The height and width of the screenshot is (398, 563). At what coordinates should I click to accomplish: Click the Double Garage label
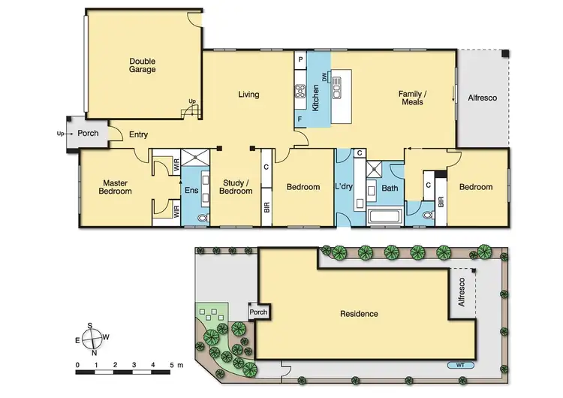click(142, 65)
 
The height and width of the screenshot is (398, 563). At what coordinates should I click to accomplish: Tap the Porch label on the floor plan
click(88, 134)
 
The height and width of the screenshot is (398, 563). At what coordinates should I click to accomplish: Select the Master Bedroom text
click(116, 187)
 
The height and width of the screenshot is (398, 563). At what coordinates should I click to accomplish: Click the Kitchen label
click(316, 98)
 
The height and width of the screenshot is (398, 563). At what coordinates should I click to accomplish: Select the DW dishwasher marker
click(325, 77)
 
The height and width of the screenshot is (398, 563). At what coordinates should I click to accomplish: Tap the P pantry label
click(300, 59)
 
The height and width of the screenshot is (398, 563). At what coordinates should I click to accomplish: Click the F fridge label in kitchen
click(300, 119)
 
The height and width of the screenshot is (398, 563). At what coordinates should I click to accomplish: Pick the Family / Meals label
click(412, 98)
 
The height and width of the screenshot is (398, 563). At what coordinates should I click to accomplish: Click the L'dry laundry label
click(345, 187)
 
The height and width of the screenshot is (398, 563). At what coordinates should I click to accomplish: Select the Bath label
click(389, 188)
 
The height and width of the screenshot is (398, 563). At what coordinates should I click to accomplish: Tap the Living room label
click(248, 95)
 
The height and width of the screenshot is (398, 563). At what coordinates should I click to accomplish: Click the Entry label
click(138, 135)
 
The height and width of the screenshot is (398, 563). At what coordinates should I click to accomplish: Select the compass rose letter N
click(95, 352)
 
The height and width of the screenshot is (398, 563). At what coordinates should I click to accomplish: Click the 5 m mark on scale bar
click(171, 366)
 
